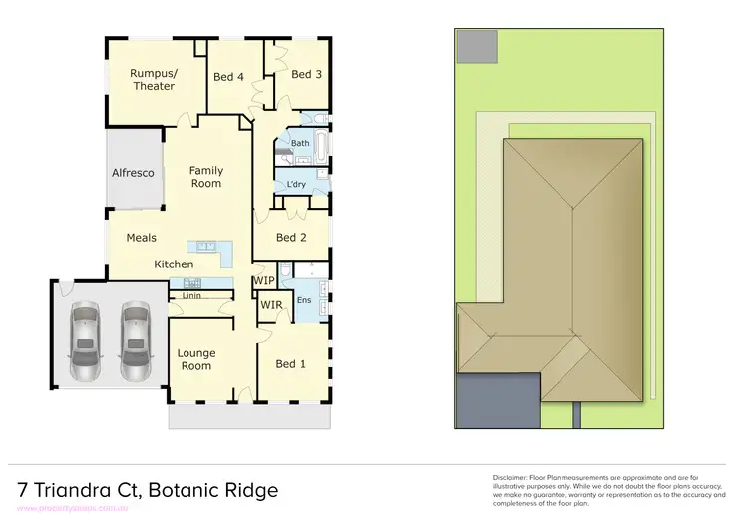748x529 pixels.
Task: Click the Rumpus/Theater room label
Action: coord(154,79)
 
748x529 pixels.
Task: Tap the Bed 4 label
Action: coord(228,77)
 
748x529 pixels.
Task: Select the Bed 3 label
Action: coord(306,74)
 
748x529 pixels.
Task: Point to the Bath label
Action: coord(300,143)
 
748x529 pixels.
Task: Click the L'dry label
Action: coord(296,185)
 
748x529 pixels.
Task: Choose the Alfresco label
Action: coord(133,173)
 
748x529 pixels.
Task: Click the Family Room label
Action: coord(206,177)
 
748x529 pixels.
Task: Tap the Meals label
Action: coord(141,239)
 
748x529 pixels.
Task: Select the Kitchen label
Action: coord(174,264)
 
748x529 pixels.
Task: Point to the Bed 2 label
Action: coord(290,238)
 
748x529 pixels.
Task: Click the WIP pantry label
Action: coord(264,281)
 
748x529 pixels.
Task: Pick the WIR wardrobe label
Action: coord(271,305)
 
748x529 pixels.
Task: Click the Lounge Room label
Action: coord(195,359)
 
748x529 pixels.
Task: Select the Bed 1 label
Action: coord(289,364)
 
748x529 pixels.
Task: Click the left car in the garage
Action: coord(86,342)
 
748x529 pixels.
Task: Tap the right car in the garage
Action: coord(135,342)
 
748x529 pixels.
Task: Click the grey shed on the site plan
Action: coord(477,46)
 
